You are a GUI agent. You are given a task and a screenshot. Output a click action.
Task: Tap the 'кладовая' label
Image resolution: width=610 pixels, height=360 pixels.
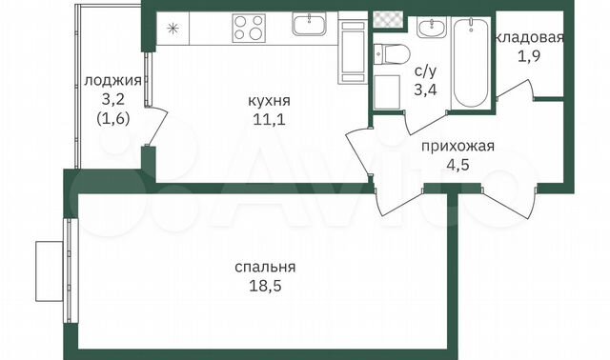[x=530, y=38]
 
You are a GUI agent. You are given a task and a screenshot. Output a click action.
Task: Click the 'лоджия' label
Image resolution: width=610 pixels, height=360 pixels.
[x=112, y=80]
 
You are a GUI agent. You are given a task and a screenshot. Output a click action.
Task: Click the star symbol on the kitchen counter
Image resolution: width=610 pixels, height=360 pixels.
[x=172, y=27]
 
